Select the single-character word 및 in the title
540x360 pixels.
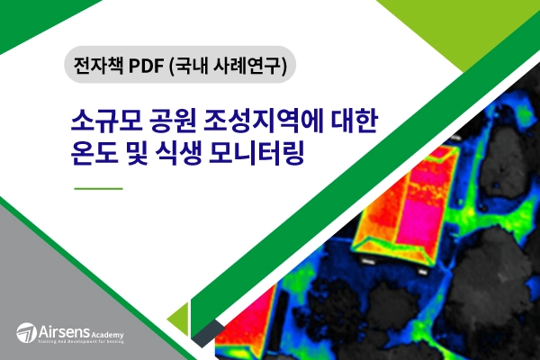tap(143, 153)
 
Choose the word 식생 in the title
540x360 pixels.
tap(191, 153)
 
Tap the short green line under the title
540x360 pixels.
tap(97, 189)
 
